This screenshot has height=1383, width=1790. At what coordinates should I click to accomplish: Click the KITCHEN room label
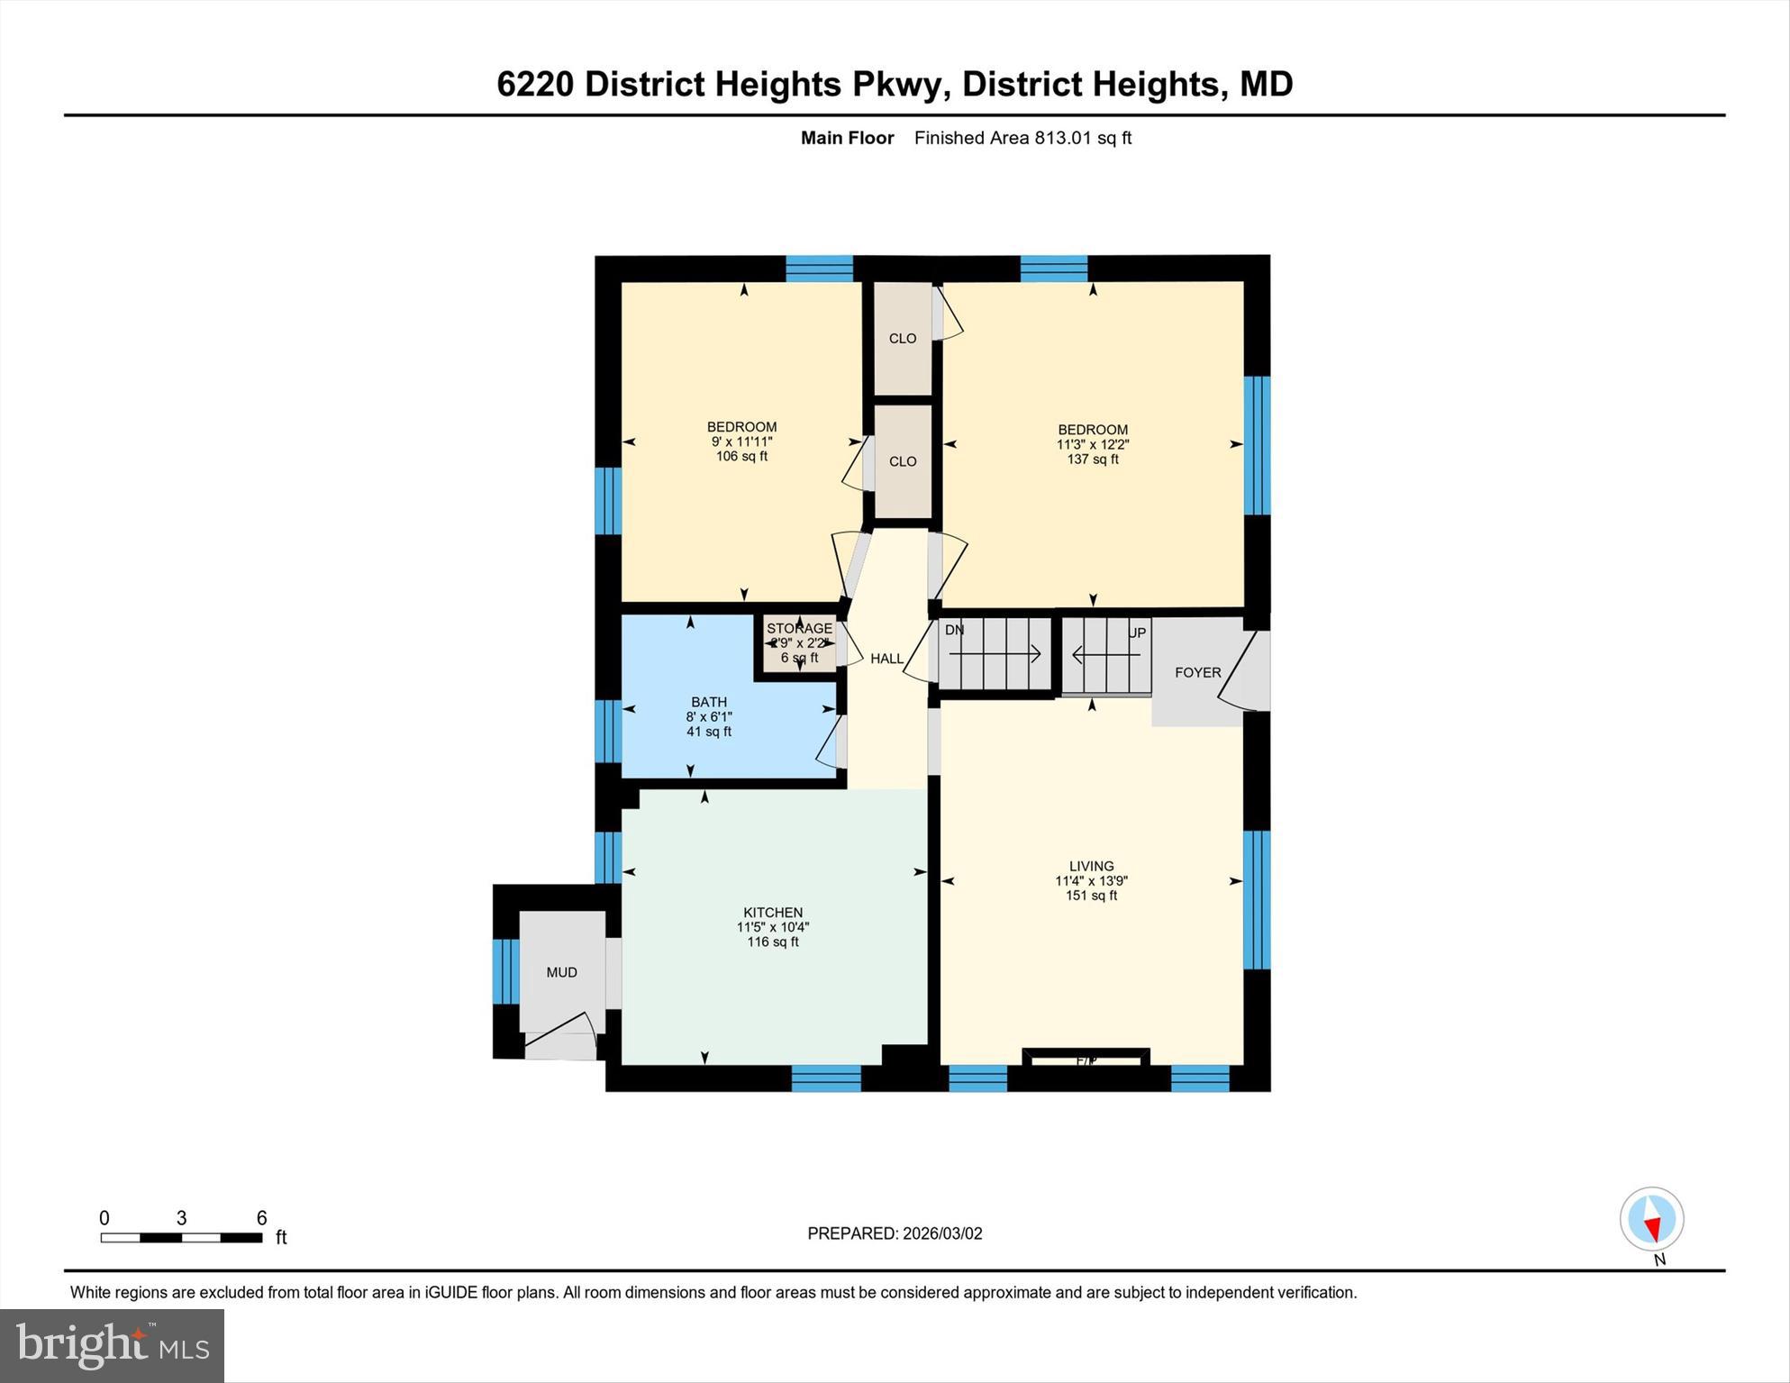pos(772,913)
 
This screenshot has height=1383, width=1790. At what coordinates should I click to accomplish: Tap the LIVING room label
pos(1091,866)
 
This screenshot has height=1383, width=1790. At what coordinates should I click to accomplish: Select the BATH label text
pos(709,702)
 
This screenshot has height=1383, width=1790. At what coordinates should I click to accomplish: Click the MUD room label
pos(561,972)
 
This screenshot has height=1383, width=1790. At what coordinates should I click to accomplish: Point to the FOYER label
pos(1197,672)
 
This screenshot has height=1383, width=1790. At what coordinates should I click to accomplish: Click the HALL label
pos(886,659)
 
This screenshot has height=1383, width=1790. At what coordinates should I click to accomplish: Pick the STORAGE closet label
pos(799,629)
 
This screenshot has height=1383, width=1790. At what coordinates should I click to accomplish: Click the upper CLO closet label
pos(902,339)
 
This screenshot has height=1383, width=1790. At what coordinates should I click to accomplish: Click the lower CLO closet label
pos(902,461)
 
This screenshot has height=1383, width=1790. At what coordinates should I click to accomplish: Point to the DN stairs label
pos(954,630)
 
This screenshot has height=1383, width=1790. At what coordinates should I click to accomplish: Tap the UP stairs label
pos(1137,632)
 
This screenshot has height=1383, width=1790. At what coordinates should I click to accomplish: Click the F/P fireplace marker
pos(1086,1060)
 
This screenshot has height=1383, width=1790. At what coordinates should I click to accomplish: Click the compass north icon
pos(1651,1219)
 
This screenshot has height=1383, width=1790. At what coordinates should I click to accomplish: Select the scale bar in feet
pos(181,1237)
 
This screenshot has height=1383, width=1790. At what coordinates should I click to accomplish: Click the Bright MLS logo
pos(113,1346)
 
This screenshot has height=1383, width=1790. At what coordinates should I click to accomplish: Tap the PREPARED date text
pos(895,1233)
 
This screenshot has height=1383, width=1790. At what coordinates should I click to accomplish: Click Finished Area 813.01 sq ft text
pos(1022,138)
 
